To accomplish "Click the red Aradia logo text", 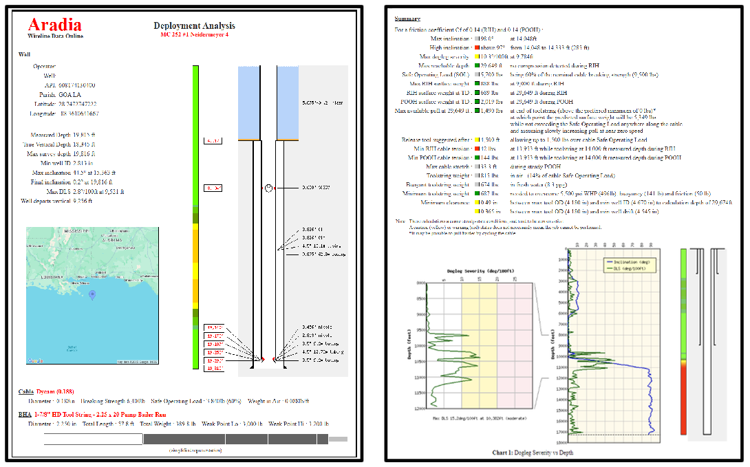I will click(54, 25).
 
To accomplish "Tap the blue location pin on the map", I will click(92, 295).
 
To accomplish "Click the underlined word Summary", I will click(407, 19).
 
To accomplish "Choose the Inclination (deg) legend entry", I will click(631, 262).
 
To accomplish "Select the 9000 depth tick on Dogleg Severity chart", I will click(419, 314).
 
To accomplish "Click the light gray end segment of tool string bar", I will click(338, 439).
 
